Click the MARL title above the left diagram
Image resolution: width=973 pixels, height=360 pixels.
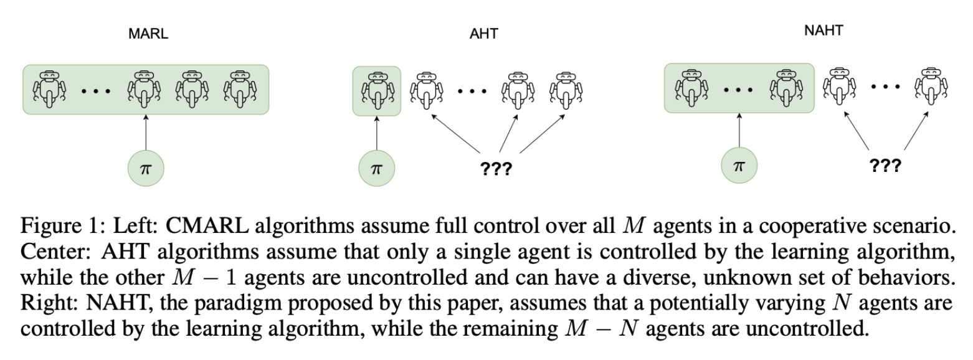pyautogui.click(x=148, y=34)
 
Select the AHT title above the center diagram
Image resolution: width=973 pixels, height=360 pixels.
pyautogui.click(x=483, y=34)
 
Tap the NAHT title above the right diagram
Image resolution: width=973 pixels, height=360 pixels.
pyautogui.click(x=823, y=30)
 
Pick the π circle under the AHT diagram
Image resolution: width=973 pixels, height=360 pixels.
pyautogui.click(x=377, y=168)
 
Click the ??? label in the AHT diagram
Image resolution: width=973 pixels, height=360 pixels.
pyautogui.click(x=496, y=169)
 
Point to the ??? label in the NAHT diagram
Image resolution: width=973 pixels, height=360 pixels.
pyautogui.click(x=885, y=165)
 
